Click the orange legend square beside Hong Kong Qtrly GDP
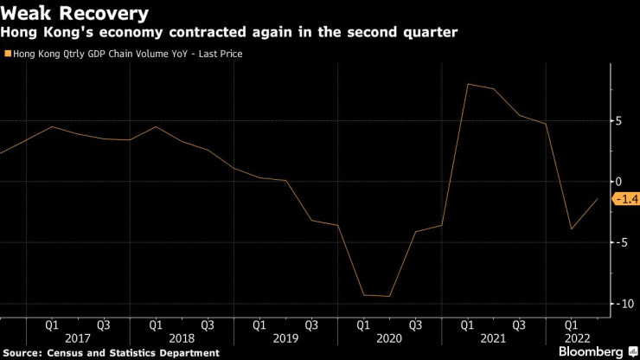tap(8, 54)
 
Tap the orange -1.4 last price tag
tap(625, 200)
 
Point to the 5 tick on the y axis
tap(618, 121)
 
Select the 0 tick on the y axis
tap(618, 182)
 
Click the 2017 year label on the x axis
tap(77, 338)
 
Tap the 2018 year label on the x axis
tap(181, 338)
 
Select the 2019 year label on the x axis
tap(285, 338)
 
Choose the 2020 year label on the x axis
tap(388, 338)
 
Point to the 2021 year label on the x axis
tap(492, 338)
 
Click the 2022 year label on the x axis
tap(578, 338)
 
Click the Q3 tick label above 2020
tap(415, 325)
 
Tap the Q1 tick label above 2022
tap(571, 325)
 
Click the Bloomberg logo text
tap(590, 352)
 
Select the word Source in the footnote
tap(23, 353)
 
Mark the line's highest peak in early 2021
tap(467, 84)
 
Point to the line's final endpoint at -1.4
tap(597, 199)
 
